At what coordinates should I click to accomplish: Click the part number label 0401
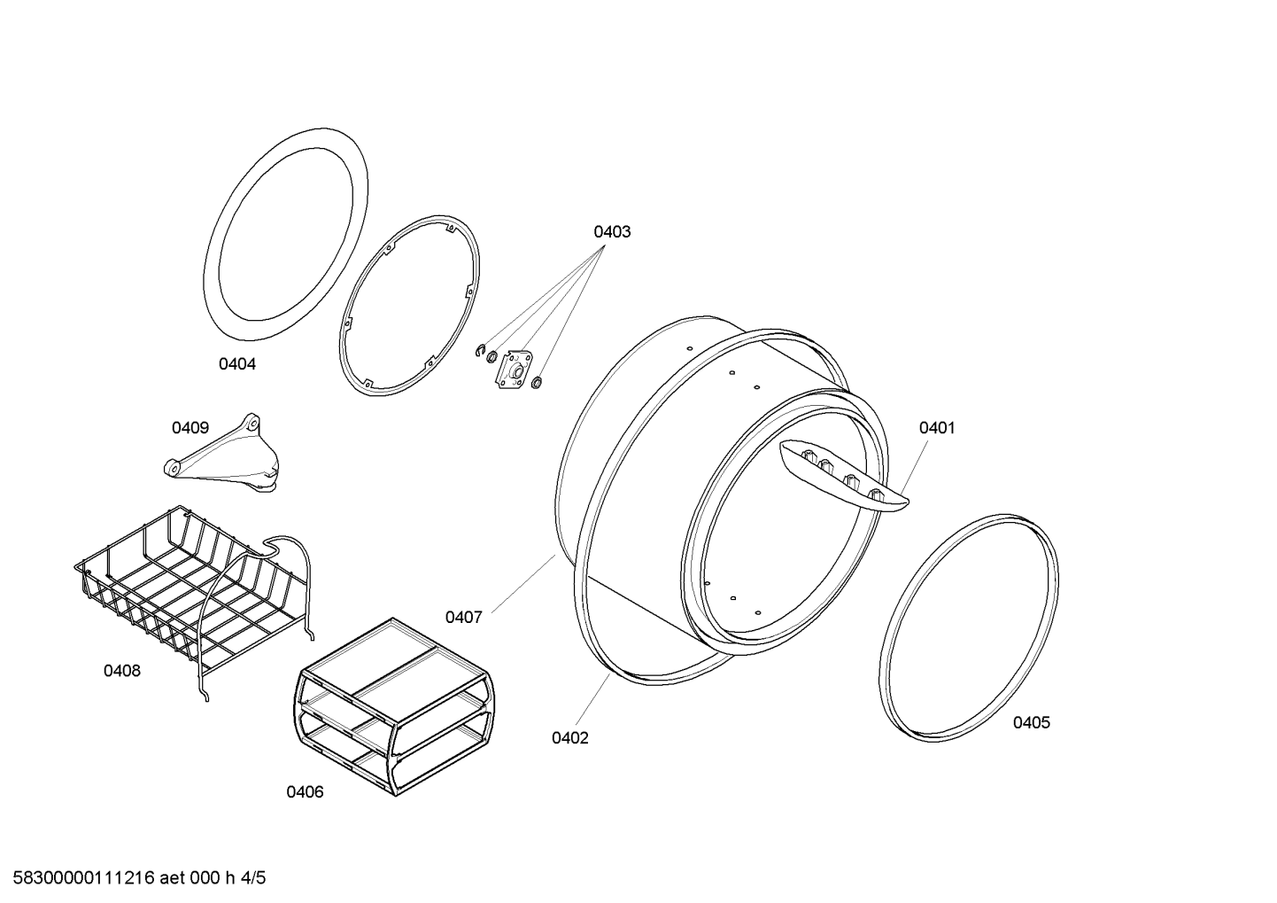(x=937, y=428)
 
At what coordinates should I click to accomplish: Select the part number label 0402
(x=569, y=738)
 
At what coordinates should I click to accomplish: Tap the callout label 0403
(x=612, y=231)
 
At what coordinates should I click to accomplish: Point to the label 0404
(x=237, y=364)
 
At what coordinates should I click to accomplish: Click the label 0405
(x=1032, y=723)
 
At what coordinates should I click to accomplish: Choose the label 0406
(x=305, y=791)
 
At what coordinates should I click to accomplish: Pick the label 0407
(x=463, y=617)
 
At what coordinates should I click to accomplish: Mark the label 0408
(x=122, y=671)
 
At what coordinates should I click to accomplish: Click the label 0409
(x=190, y=428)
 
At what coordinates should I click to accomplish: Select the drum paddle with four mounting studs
(x=843, y=477)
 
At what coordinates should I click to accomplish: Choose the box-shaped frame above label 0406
(x=394, y=707)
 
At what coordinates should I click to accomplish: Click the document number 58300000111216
(x=84, y=878)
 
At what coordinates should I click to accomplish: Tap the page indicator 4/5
(x=253, y=878)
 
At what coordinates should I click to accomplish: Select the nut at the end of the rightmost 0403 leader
(x=536, y=382)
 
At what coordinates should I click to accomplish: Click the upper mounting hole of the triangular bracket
(x=253, y=424)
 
